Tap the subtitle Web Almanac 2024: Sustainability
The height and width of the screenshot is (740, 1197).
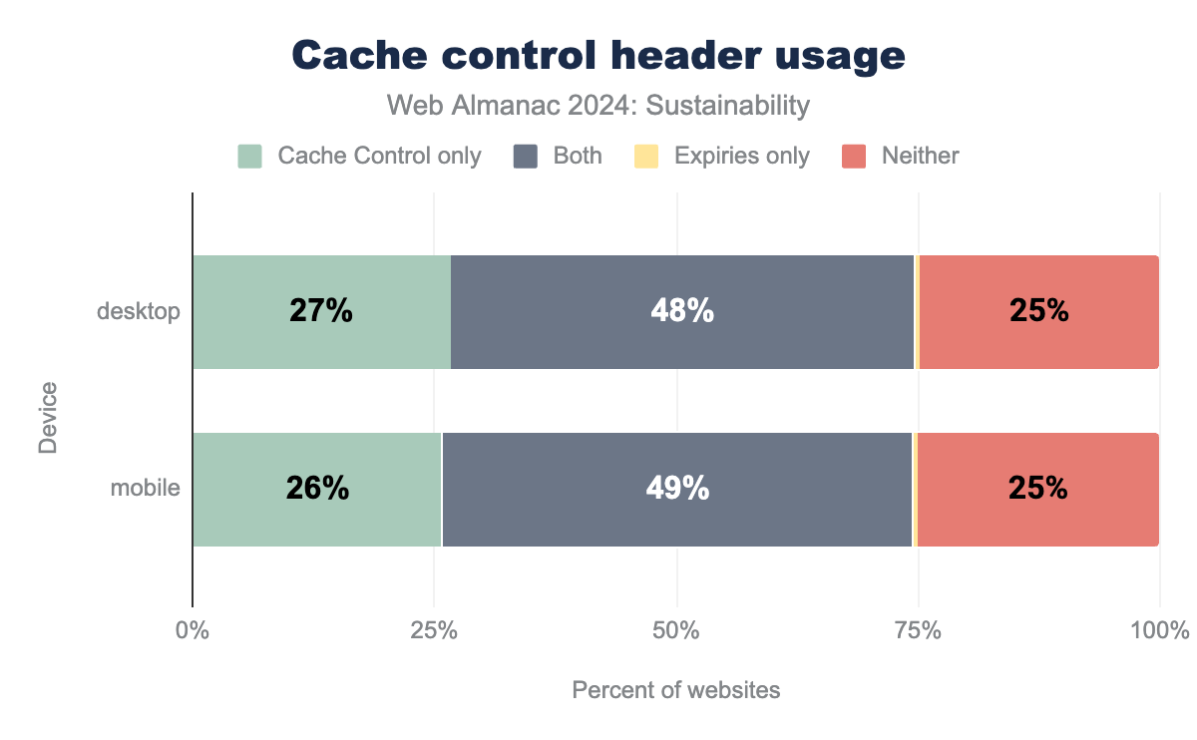pyautogui.click(x=598, y=105)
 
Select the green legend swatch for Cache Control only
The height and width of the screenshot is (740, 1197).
pyautogui.click(x=249, y=156)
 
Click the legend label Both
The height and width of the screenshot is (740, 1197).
pyautogui.click(x=578, y=156)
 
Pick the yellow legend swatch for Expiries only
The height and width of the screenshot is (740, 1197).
pyautogui.click(x=646, y=156)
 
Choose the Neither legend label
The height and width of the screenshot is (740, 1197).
pyautogui.click(x=920, y=156)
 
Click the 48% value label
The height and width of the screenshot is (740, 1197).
pyautogui.click(x=682, y=312)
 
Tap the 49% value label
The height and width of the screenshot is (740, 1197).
pyautogui.click(x=677, y=489)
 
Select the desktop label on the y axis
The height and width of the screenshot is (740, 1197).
pyautogui.click(x=139, y=312)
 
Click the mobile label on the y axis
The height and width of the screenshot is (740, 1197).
pyautogui.click(x=145, y=489)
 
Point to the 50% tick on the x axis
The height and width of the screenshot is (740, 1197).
pyautogui.click(x=676, y=631)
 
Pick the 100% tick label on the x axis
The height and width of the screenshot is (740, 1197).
pyautogui.click(x=1159, y=631)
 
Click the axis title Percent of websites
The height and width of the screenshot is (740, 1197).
pyautogui.click(x=676, y=690)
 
